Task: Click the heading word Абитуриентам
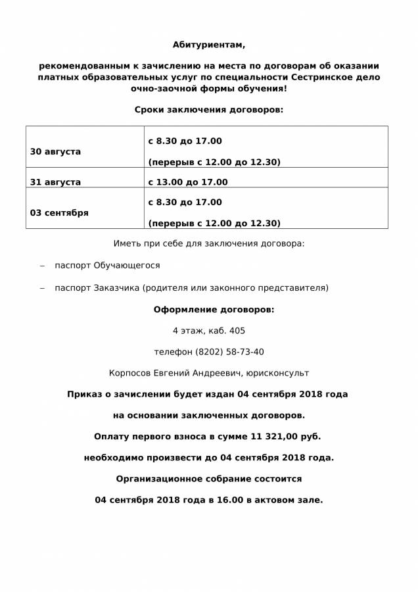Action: click(x=209, y=45)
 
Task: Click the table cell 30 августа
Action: click(x=56, y=152)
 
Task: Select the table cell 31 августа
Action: click(x=56, y=182)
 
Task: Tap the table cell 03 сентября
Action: click(x=59, y=213)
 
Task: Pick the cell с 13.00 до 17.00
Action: click(x=188, y=182)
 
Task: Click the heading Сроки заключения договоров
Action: click(x=209, y=109)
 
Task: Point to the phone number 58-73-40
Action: click(x=243, y=352)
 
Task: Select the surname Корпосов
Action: click(x=129, y=373)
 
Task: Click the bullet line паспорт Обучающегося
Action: click(x=107, y=266)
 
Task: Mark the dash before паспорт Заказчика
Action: click(x=43, y=288)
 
